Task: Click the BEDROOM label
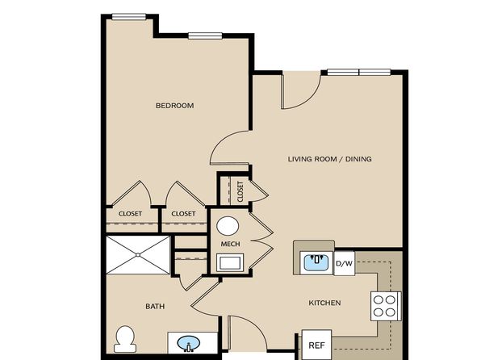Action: (174, 106)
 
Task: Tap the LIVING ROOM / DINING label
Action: (330, 159)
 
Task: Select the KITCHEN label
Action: (324, 303)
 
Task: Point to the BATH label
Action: (155, 306)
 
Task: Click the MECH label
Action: (230, 244)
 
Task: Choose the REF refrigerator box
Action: (317, 345)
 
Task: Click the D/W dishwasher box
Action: (344, 263)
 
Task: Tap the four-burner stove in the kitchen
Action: (386, 306)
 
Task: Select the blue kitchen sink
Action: (316, 262)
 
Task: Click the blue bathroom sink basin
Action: (189, 343)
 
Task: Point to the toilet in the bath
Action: (125, 339)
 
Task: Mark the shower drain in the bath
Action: (138, 255)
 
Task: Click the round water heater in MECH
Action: (228, 226)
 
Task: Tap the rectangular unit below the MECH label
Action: (230, 262)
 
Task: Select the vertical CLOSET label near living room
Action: (240, 191)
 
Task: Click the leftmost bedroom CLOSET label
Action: (130, 214)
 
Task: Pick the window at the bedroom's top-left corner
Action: (129, 17)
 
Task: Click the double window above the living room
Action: (359, 73)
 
